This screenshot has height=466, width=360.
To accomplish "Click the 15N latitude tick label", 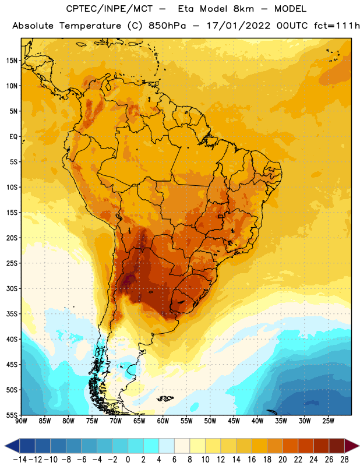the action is (12, 61).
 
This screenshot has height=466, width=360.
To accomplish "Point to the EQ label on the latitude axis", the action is (13, 137).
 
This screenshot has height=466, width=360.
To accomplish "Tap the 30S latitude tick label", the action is (12, 288).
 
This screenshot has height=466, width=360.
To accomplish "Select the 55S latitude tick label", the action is (12, 415).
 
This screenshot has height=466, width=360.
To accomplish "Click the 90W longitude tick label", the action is (21, 421).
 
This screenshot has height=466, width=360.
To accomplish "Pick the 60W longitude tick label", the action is (163, 421).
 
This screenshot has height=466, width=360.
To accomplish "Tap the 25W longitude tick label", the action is (328, 421).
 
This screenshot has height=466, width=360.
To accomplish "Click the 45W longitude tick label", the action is (234, 421).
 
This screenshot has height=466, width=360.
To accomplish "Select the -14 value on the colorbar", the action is (20, 460).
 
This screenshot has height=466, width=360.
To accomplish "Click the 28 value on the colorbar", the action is (344, 460).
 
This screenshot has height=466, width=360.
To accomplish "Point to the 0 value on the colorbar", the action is (128, 460).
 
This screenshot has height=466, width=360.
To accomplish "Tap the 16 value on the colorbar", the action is (252, 460).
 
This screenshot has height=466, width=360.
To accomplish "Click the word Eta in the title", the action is (185, 9).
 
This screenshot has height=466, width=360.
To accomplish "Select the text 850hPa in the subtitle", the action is (167, 26).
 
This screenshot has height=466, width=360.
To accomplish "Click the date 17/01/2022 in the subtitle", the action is (239, 26).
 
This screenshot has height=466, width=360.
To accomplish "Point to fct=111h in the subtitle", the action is (337, 26).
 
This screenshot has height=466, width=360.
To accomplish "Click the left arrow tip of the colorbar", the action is (5, 446).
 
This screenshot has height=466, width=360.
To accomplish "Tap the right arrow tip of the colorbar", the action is (359, 446).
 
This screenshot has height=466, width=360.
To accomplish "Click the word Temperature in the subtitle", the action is (90, 26).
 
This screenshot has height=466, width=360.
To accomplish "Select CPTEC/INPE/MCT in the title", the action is (109, 9).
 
